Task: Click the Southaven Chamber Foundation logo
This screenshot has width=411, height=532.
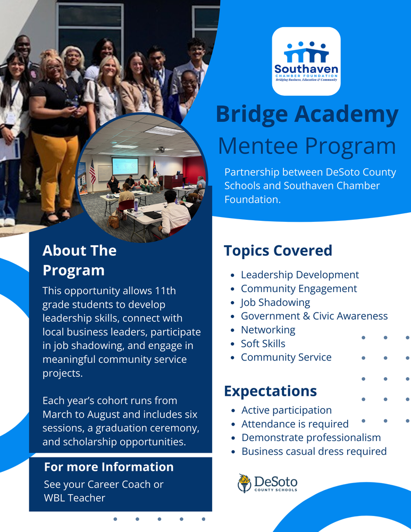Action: tap(306, 61)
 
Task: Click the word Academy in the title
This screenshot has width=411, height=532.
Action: tap(345, 114)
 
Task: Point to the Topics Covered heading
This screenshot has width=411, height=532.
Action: tap(278, 251)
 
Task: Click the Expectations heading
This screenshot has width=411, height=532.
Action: tap(270, 391)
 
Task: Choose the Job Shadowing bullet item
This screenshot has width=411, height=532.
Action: tap(275, 302)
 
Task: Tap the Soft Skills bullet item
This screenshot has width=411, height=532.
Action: tap(263, 344)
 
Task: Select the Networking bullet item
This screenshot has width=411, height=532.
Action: tap(267, 330)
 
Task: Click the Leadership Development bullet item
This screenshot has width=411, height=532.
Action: tap(299, 275)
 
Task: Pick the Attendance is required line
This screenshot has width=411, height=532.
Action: tap(295, 424)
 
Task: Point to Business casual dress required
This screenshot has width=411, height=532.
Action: tap(314, 452)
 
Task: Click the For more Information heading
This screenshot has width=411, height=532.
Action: tap(108, 467)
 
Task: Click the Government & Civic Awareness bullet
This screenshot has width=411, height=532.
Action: tap(314, 316)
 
